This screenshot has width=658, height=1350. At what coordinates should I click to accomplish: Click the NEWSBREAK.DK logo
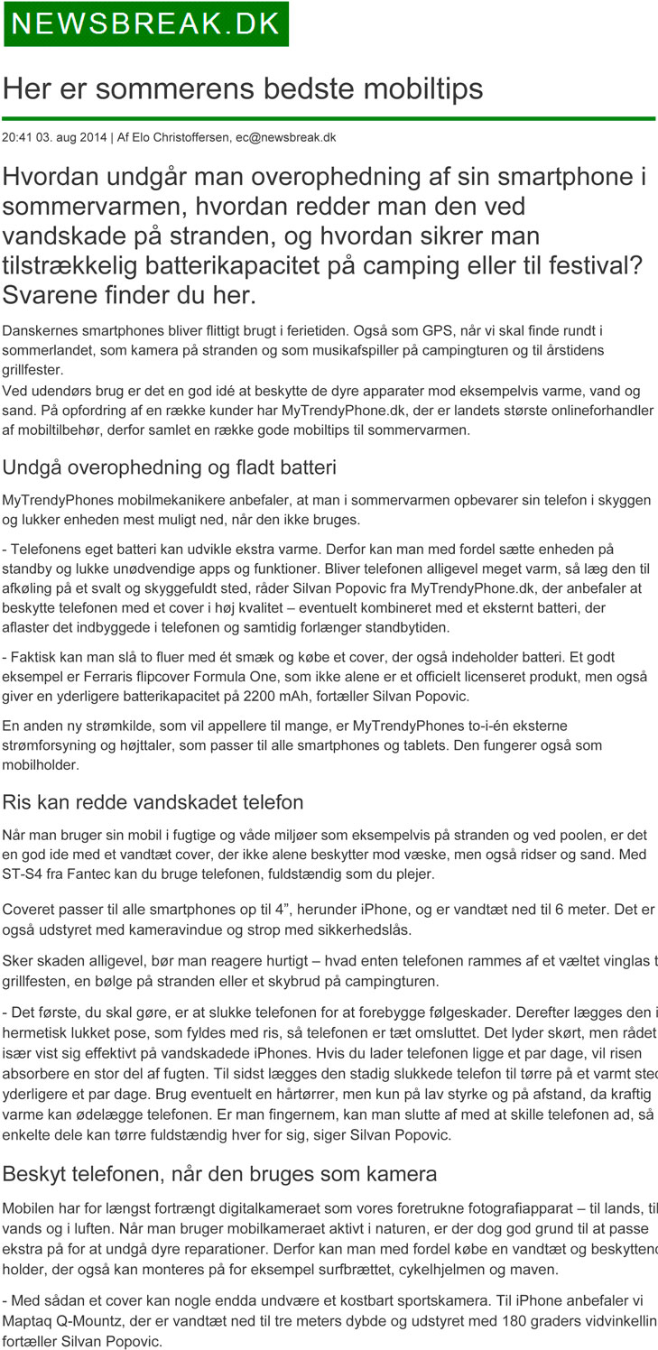pos(146,24)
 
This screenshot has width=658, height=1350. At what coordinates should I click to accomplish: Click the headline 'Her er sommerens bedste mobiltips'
pos(243,88)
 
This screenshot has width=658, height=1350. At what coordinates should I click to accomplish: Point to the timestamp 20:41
pos(17,137)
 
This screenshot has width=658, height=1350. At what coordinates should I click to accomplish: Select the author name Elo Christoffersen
pos(181,137)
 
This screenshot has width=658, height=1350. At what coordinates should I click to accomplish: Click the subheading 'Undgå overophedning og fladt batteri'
pos(170,467)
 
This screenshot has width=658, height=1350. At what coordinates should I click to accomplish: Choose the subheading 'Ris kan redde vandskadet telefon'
pos(153,802)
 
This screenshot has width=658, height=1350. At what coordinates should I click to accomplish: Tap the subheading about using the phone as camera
pos(219,1174)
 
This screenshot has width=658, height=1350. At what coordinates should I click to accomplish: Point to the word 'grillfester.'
pos(32,369)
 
